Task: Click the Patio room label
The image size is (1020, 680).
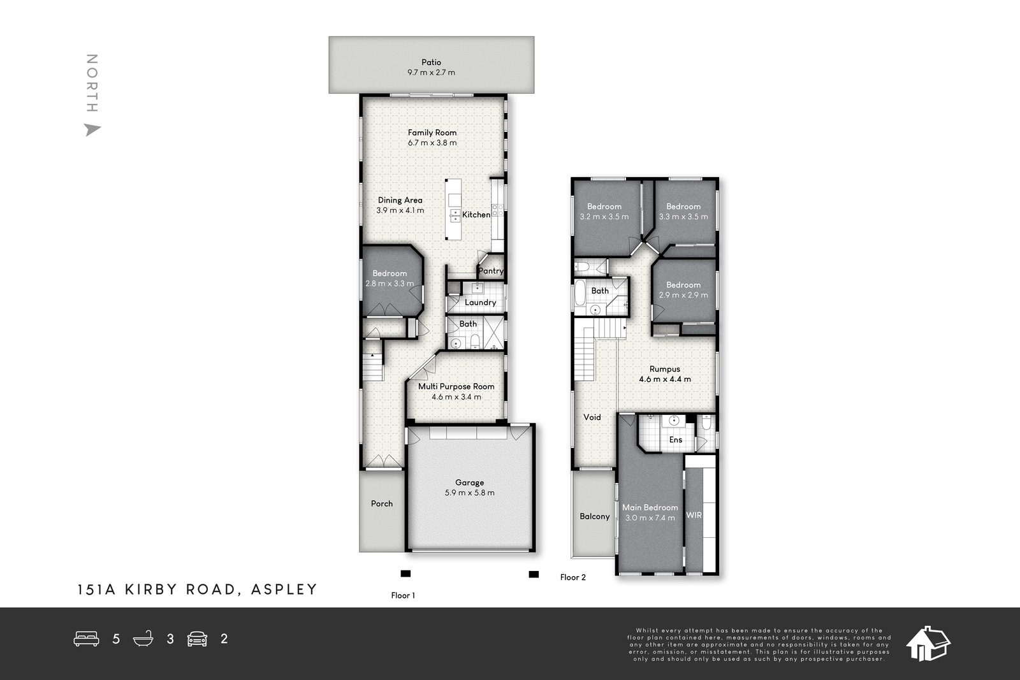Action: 431,62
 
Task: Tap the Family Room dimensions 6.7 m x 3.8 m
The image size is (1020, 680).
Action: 432,143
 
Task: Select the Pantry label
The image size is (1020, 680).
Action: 491,271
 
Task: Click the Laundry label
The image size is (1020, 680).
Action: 481,302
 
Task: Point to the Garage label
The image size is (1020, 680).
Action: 469,482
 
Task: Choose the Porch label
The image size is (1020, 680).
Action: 382,503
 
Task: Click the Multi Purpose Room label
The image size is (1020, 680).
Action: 456,386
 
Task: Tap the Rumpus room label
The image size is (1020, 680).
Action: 665,369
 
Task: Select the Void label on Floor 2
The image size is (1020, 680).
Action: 592,417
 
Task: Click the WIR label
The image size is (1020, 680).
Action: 694,515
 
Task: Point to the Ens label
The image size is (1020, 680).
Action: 676,440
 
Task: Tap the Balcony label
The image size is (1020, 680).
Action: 595,517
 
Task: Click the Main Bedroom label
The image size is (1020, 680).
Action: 650,507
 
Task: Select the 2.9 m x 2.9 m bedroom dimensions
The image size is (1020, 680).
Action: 683,295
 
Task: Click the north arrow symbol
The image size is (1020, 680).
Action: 92,130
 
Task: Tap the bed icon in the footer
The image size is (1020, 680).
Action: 87,639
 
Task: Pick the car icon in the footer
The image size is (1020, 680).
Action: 197,639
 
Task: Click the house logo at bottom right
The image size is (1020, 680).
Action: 928,644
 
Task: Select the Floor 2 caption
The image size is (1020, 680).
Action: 573,577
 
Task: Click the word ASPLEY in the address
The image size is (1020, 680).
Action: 284,590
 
